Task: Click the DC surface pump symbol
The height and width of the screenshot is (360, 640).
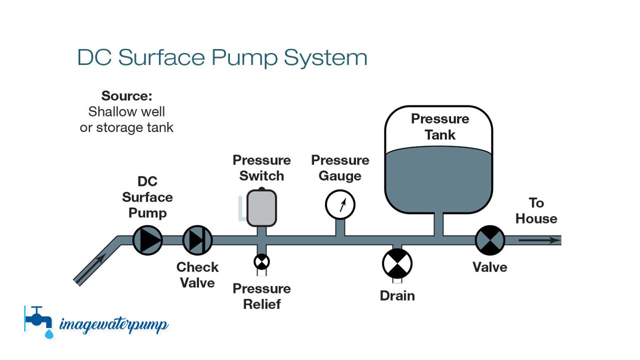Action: [x=147, y=240]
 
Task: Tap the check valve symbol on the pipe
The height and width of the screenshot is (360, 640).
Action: [x=197, y=240]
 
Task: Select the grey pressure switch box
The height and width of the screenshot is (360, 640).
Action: [x=261, y=207]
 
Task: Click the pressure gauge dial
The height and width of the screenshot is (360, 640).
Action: [x=340, y=205]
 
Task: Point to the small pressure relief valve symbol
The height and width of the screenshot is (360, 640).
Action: [x=261, y=261]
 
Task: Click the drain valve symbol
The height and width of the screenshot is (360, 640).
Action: [x=397, y=263]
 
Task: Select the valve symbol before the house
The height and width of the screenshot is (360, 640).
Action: [x=489, y=240]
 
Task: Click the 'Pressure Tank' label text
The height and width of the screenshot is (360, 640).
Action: [x=440, y=127]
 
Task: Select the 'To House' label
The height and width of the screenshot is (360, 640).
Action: [x=536, y=210]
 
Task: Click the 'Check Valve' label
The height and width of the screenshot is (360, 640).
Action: [x=197, y=274]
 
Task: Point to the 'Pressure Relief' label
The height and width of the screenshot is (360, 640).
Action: [x=261, y=296]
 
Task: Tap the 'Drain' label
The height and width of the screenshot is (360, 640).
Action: [x=397, y=295]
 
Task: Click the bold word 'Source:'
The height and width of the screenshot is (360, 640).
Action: [x=126, y=95]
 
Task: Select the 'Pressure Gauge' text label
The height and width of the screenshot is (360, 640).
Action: [x=340, y=168]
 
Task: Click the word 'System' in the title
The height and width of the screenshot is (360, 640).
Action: [x=325, y=58]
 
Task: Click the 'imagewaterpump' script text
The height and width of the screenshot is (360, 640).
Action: [x=114, y=324]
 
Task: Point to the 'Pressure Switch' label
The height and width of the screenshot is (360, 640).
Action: [x=261, y=168]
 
